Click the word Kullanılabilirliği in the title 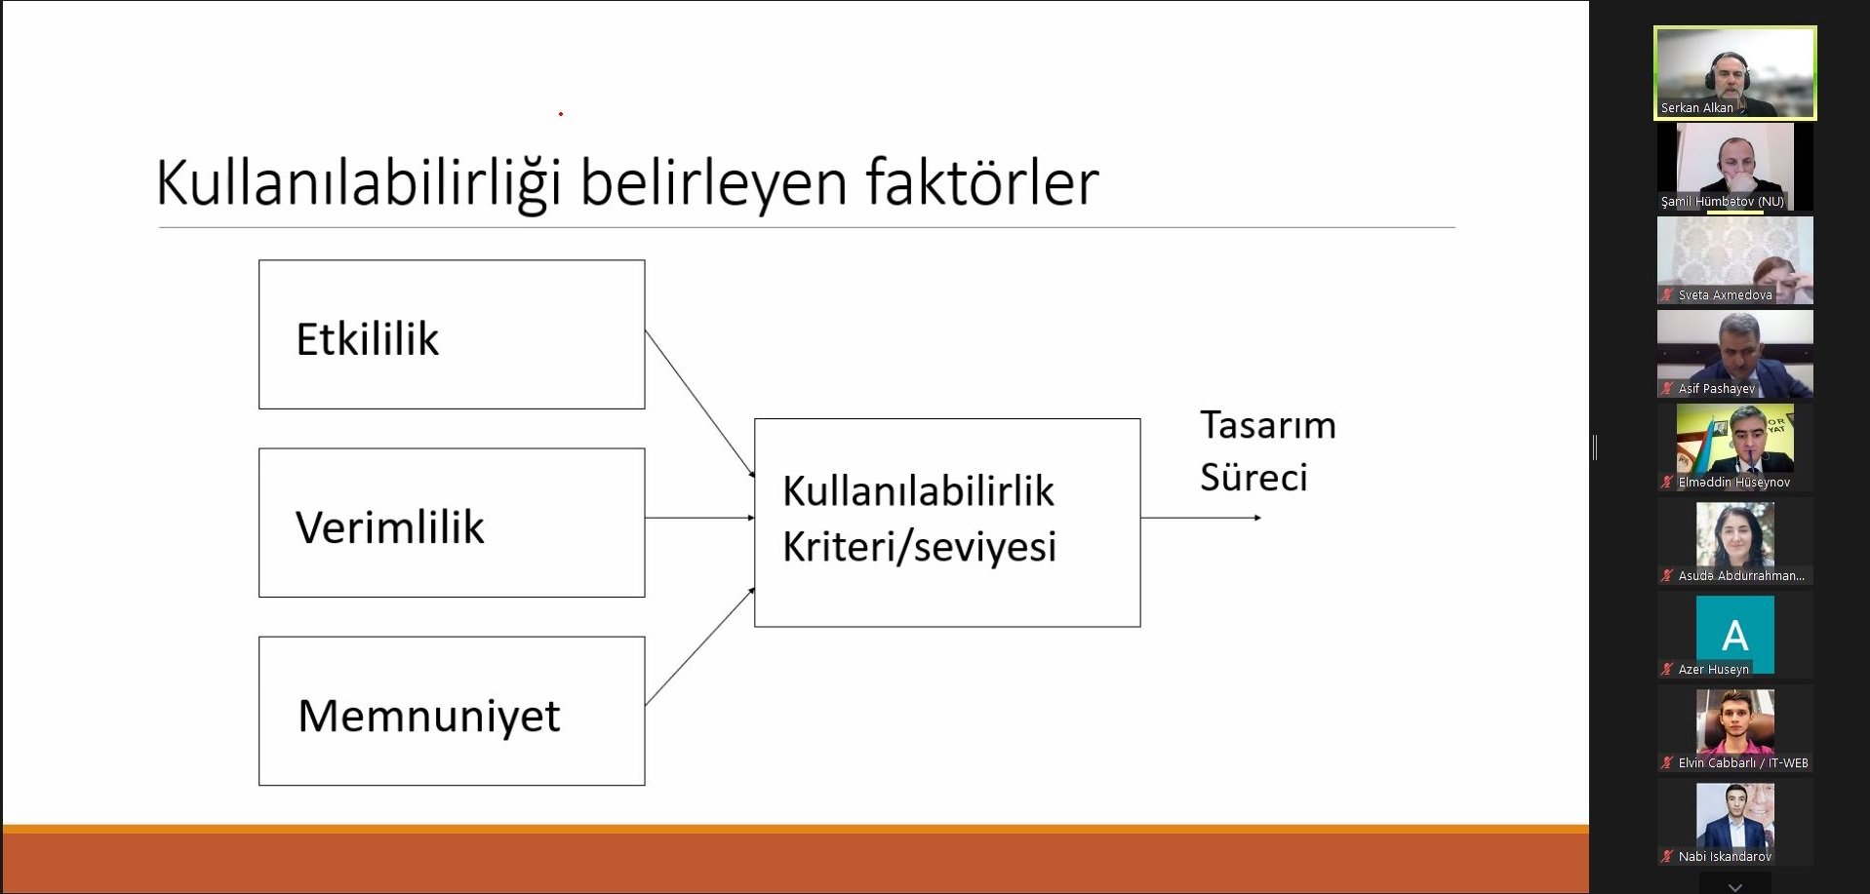[x=359, y=182]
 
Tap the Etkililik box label [x=368, y=339]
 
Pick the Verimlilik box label [x=390, y=527]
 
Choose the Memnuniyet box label [x=429, y=717]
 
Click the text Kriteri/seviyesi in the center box [x=920, y=546]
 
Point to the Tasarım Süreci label [x=1268, y=450]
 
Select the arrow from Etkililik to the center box [x=700, y=404]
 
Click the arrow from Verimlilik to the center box [x=700, y=518]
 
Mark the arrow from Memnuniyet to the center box [x=700, y=646]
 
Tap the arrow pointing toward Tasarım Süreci [x=1201, y=518]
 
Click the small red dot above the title [x=561, y=114]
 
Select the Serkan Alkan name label [x=1697, y=108]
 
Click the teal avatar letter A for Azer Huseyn [x=1735, y=636]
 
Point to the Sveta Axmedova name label [x=1726, y=295]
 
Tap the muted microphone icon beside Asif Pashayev [x=1668, y=389]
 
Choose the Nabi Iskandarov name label [x=1726, y=857]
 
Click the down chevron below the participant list [x=1735, y=887]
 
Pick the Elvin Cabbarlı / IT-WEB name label [x=1743, y=763]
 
